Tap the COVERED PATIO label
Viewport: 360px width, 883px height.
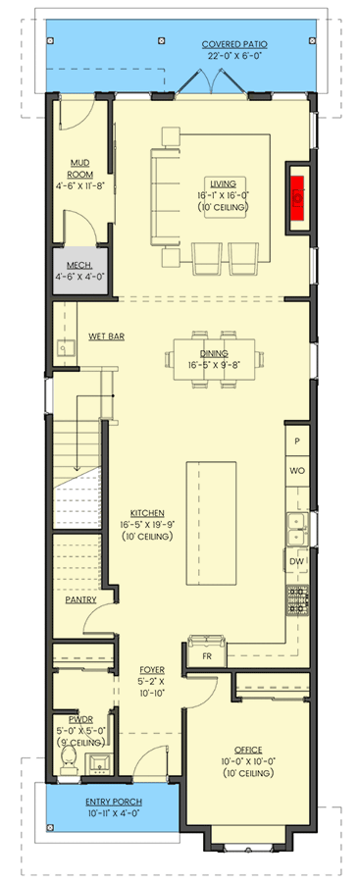click(x=234, y=44)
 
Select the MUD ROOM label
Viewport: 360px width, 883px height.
click(x=80, y=168)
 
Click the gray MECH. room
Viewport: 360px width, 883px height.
click(x=79, y=270)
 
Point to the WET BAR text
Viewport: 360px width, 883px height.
click(x=105, y=336)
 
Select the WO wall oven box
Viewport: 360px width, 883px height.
click(x=297, y=472)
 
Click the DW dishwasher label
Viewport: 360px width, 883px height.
click(x=297, y=561)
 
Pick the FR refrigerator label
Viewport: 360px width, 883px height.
click(x=207, y=654)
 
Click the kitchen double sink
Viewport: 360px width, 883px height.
click(x=296, y=530)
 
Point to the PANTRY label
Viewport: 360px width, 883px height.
click(x=79, y=598)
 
